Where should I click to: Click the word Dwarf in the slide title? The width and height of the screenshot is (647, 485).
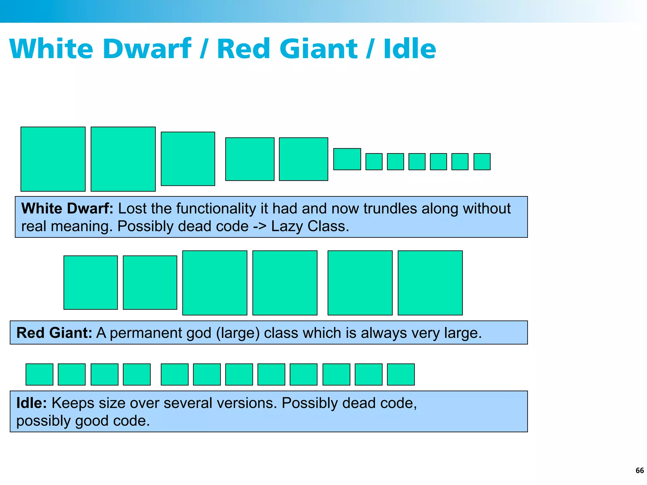point(147,49)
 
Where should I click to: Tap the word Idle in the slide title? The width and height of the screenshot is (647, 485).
point(410,49)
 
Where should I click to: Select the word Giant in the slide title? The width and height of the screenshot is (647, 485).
point(319,49)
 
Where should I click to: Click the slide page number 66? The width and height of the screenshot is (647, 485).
point(639,470)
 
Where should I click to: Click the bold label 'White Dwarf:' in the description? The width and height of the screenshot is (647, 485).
point(67,208)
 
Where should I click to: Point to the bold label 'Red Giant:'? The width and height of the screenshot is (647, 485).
point(54,333)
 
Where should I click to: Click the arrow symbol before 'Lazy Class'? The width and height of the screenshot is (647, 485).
point(260,226)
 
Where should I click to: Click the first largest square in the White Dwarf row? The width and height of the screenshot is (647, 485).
point(53,159)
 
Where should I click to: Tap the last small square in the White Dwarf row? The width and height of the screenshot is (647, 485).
point(482,162)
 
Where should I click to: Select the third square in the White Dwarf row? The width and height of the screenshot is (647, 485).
point(188,159)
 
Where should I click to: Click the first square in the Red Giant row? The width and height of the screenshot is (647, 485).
point(91,283)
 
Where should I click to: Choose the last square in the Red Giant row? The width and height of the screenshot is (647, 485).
point(430,283)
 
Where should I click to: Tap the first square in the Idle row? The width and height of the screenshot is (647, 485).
point(39,374)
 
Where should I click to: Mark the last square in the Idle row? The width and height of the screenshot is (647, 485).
point(401,374)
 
